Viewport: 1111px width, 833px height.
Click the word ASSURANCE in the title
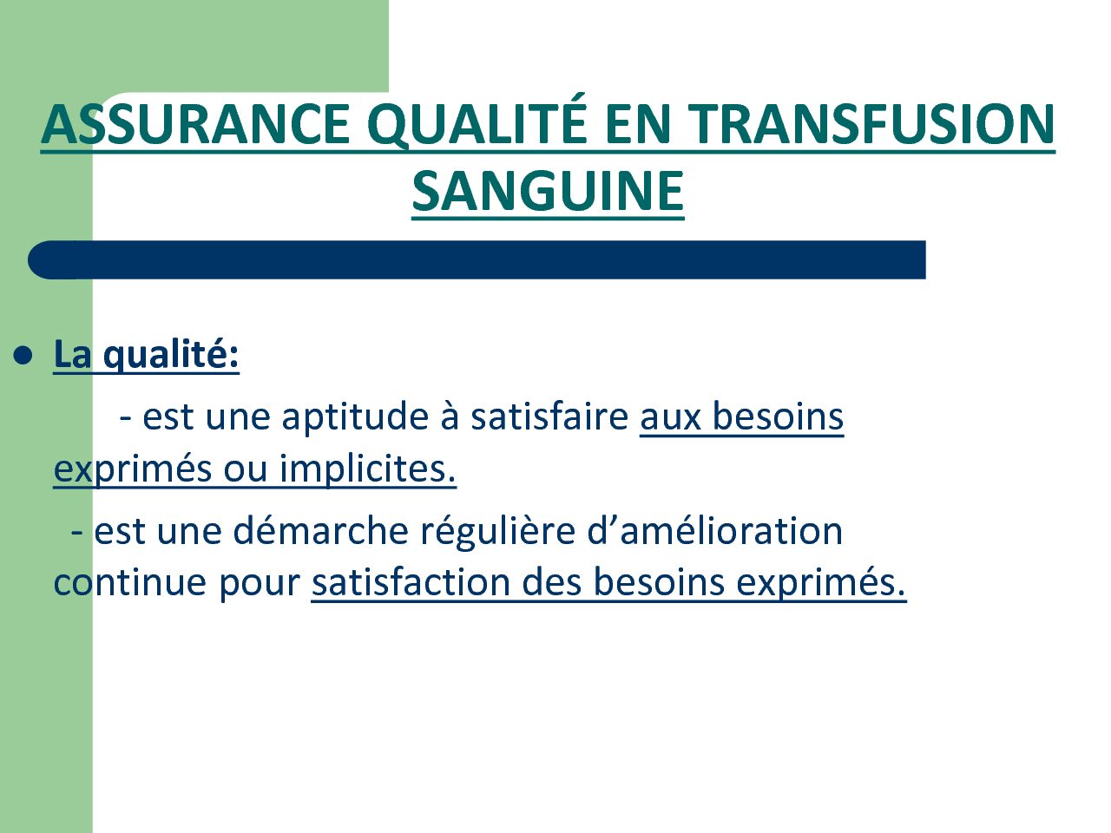click(x=195, y=124)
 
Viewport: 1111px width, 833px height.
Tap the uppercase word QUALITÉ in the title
click(x=477, y=121)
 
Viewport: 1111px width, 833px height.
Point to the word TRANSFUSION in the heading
click(x=871, y=124)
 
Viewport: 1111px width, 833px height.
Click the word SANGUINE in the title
click(x=548, y=191)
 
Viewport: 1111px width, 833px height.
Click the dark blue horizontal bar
click(x=477, y=260)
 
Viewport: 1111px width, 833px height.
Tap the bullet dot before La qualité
click(x=23, y=356)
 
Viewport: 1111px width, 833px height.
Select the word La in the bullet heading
click(x=72, y=354)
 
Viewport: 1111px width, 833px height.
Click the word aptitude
click(x=355, y=417)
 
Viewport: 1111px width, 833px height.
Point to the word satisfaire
click(x=549, y=416)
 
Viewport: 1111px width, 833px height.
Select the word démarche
click(x=320, y=531)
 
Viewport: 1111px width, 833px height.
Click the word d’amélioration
click(x=714, y=530)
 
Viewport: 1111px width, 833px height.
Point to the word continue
click(x=130, y=583)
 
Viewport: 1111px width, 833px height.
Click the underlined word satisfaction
click(x=411, y=582)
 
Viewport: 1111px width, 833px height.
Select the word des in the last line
click(x=551, y=582)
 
